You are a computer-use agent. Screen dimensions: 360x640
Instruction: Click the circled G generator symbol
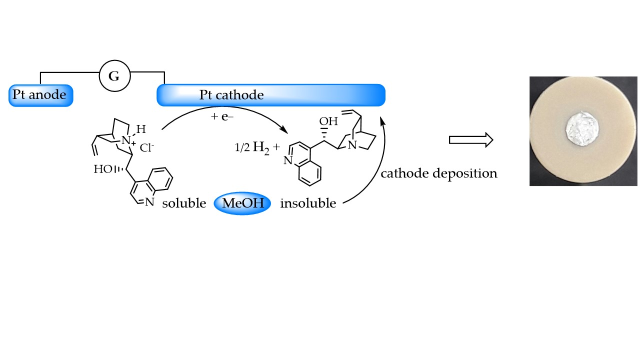tap(114, 77)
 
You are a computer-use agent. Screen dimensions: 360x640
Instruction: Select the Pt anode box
tap(40, 95)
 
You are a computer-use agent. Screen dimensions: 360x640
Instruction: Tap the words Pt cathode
tap(231, 95)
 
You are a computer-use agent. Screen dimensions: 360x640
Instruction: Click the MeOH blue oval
tap(242, 203)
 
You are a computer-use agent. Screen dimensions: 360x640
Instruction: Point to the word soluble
tap(184, 204)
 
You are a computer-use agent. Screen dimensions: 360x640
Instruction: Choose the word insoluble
tap(308, 204)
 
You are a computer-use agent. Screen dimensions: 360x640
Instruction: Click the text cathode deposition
tap(439, 173)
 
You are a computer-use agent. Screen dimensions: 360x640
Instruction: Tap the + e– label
tap(223, 117)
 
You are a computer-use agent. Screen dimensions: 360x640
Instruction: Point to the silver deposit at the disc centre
tap(582, 130)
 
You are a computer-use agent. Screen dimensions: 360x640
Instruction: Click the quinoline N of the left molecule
tap(149, 202)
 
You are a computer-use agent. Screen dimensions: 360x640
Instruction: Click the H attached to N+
tap(141, 129)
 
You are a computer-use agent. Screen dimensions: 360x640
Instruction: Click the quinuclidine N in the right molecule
tap(353, 145)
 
